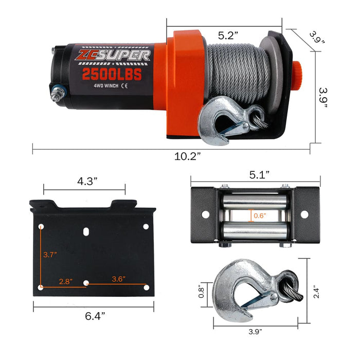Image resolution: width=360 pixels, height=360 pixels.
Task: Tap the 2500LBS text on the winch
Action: point(112,74)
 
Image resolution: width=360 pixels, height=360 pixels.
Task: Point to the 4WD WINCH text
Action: point(105,87)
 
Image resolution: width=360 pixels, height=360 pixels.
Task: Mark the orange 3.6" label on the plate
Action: point(117,279)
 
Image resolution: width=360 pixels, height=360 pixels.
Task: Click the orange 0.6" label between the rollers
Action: point(261,215)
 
